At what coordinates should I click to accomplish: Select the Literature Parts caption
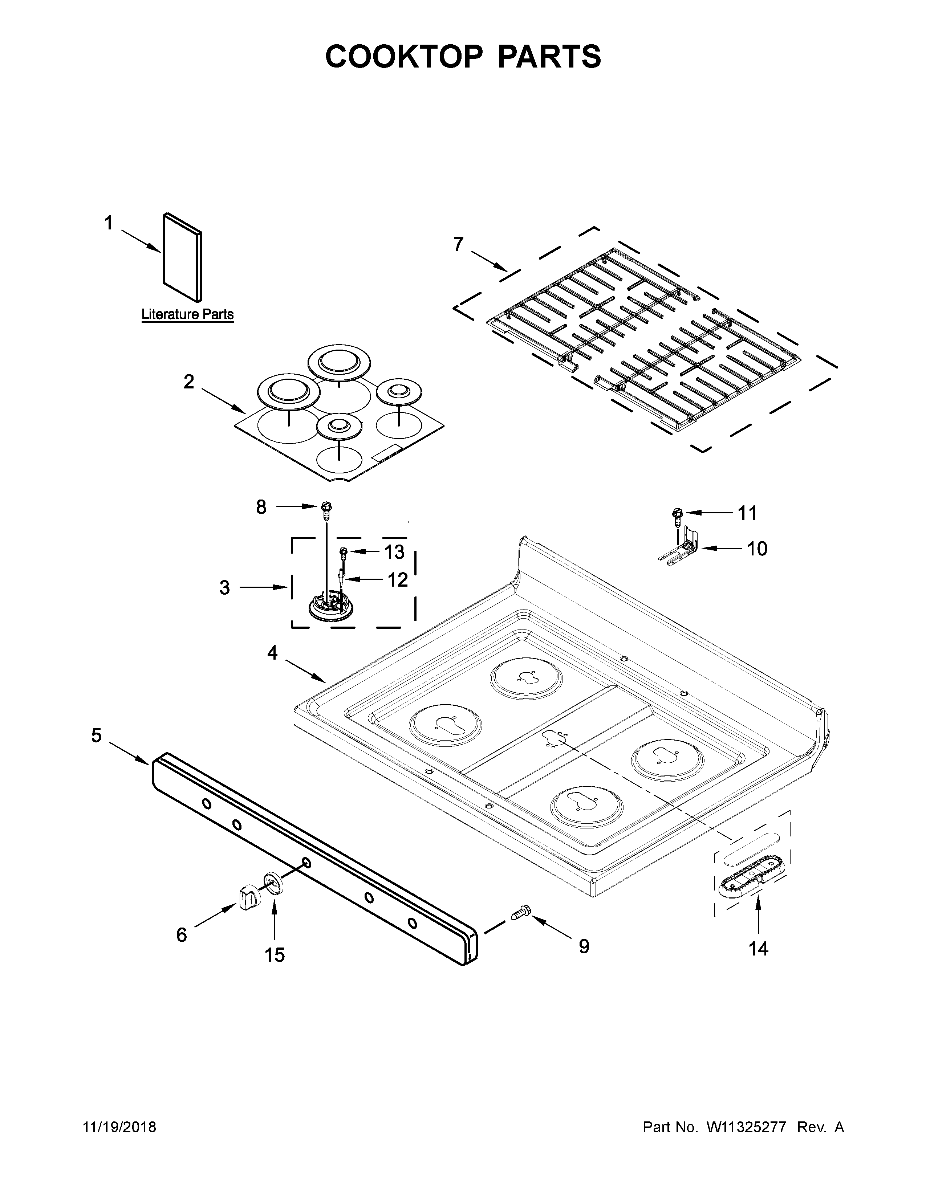click(x=188, y=314)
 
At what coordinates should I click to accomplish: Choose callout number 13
click(x=394, y=552)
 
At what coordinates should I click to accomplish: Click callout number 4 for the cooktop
click(x=273, y=653)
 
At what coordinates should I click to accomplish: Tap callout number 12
click(x=397, y=580)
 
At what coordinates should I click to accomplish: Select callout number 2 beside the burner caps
click(x=189, y=382)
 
